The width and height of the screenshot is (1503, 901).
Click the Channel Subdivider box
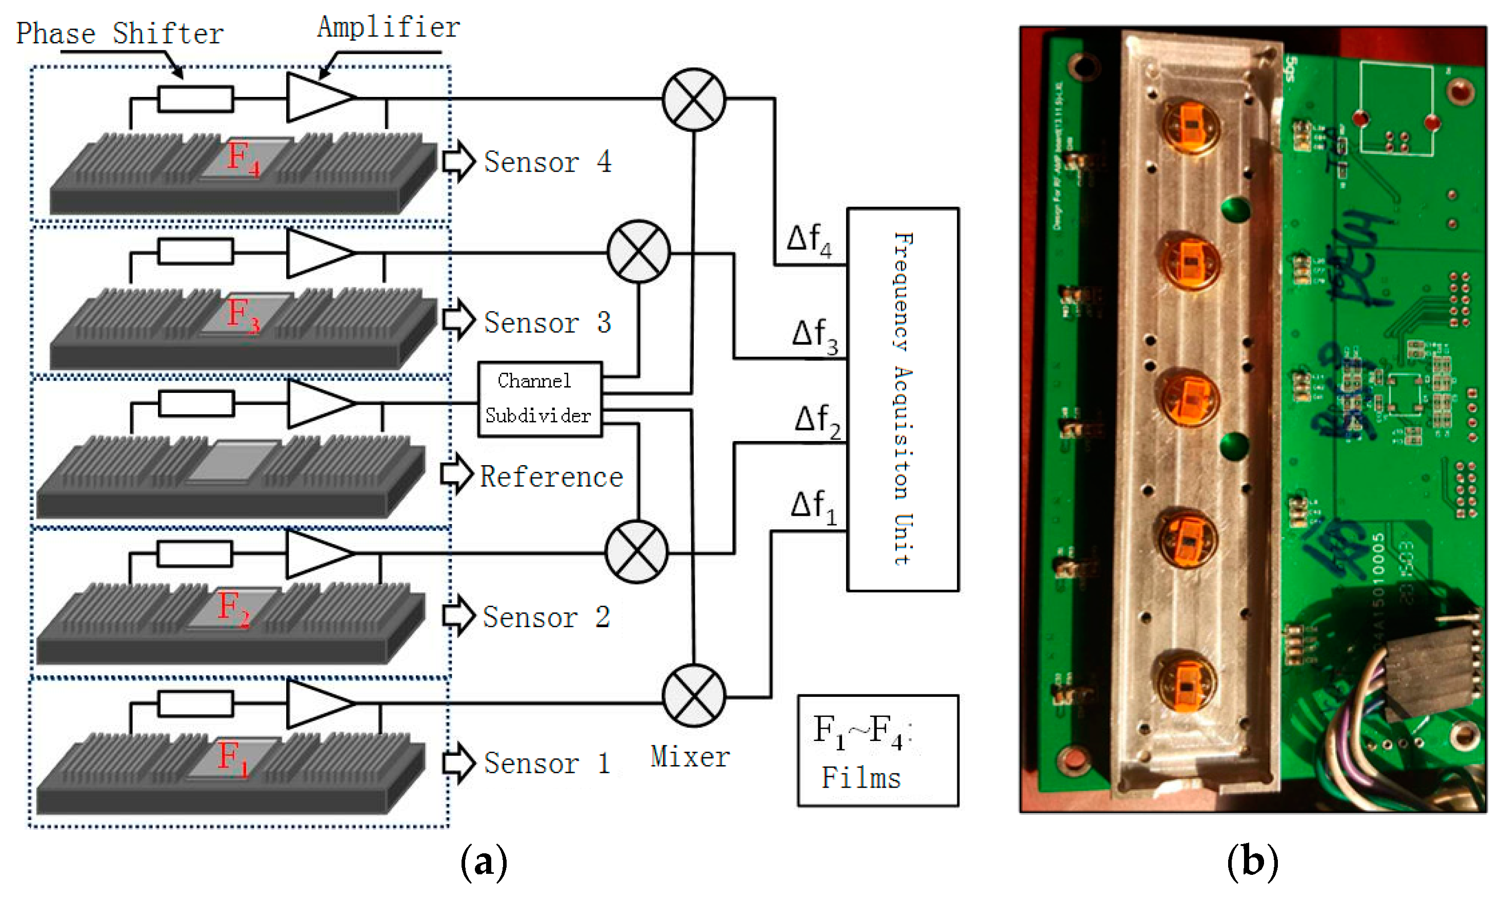(539, 399)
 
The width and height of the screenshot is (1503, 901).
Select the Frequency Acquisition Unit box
(902, 399)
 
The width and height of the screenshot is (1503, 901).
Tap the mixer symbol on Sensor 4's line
(693, 99)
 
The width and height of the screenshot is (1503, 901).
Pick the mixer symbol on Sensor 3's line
(638, 251)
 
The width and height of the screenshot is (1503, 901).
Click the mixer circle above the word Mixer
(693, 695)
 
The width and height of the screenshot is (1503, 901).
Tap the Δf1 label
(813, 507)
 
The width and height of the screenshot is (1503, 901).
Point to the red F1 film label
(232, 758)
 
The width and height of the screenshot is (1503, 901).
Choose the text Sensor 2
(545, 617)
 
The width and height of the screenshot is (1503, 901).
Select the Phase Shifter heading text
(119, 33)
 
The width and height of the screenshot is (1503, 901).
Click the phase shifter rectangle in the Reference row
(196, 403)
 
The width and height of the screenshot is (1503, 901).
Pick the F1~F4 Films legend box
(877, 750)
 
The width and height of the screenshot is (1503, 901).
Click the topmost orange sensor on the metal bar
(1190, 125)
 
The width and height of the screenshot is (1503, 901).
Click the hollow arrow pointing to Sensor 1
(458, 763)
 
